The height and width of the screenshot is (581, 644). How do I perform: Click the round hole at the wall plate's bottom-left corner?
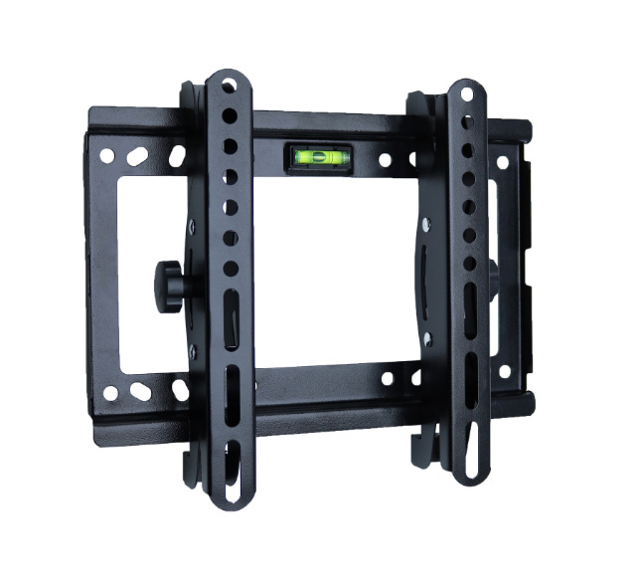point(110,392)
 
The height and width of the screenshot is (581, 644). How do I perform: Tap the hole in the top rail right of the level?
point(384,159)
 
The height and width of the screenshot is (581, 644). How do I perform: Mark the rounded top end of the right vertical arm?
point(465,88)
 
